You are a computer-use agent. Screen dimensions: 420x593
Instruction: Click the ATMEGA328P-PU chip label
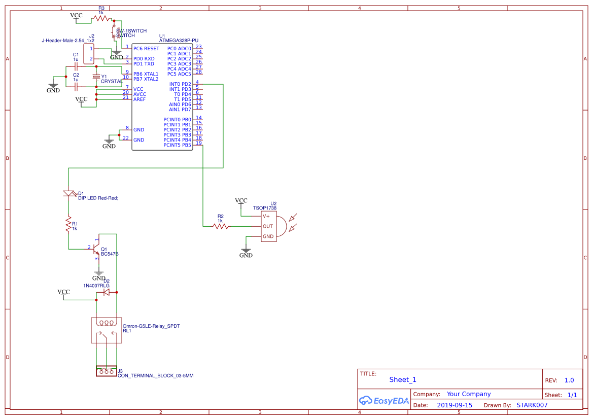click(179, 40)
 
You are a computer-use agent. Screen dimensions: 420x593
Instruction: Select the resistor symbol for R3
click(101, 18)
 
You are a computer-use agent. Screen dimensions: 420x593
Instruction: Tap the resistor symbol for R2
click(221, 226)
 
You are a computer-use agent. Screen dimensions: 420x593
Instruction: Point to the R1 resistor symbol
click(68, 224)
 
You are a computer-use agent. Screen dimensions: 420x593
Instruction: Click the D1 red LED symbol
click(68, 193)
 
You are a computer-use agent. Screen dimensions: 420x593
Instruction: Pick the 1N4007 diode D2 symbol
click(107, 292)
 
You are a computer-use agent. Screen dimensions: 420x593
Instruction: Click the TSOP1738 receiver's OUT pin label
click(267, 226)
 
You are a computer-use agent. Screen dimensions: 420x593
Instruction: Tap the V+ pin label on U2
click(266, 216)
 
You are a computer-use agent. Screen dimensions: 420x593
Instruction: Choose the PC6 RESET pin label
click(146, 49)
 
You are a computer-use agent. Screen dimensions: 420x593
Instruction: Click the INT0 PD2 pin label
click(180, 84)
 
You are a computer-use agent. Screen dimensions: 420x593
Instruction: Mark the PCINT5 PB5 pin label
click(177, 145)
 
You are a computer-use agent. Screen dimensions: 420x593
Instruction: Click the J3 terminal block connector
click(106, 371)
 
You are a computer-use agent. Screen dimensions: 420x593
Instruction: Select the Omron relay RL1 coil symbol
click(107, 323)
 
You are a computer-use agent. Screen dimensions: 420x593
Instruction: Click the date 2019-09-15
click(455, 405)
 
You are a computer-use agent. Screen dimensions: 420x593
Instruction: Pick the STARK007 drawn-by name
click(532, 405)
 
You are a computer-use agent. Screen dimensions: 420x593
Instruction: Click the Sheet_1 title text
click(403, 379)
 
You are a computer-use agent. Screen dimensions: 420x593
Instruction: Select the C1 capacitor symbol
click(76, 66)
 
